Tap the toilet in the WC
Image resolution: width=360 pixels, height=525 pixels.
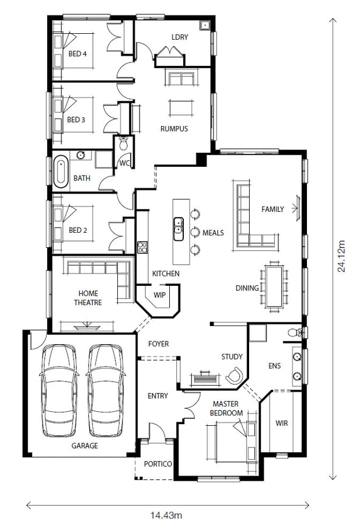point(124,143)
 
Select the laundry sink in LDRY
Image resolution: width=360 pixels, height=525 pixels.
point(204,26)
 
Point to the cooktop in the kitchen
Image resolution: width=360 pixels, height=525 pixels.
point(142,247)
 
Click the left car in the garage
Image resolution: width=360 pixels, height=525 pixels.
point(58,390)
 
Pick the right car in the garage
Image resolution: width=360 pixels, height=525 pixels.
point(106,390)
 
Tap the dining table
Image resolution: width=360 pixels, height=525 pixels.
point(274,286)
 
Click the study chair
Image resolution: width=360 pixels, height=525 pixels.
point(235,375)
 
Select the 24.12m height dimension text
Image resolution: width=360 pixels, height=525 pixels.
point(341,256)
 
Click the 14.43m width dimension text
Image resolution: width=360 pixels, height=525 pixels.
point(166,515)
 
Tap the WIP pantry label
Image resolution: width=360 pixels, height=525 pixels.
point(159,295)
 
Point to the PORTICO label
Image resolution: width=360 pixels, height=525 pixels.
point(158,464)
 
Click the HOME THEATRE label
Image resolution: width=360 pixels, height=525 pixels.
point(88,298)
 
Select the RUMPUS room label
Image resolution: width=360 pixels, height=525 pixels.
point(174,128)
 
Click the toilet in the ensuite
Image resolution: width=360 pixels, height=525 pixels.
point(295,332)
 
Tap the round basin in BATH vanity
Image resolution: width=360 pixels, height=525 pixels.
point(81,155)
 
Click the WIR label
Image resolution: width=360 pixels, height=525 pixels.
point(282,423)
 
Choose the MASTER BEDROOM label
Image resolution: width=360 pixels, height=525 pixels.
point(226,408)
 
